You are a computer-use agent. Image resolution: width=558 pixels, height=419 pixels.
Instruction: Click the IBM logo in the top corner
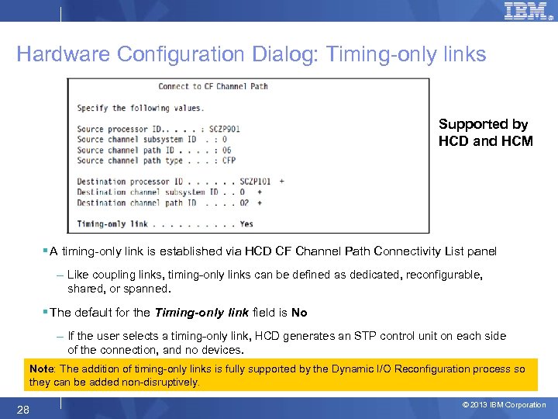pyautogui.click(x=525, y=12)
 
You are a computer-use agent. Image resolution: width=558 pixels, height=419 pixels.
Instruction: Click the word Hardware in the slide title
pyautogui.click(x=64, y=54)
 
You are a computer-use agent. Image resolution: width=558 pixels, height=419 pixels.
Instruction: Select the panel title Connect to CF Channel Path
pyautogui.click(x=213, y=86)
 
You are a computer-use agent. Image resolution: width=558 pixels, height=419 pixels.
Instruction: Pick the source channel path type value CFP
pyautogui.click(x=229, y=161)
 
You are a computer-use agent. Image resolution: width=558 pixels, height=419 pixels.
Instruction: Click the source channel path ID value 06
pyautogui.click(x=226, y=150)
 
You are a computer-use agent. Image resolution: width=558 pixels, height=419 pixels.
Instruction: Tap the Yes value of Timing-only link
pyautogui.click(x=246, y=224)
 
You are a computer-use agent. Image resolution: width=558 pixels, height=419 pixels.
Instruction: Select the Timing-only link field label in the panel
pyautogui.click(x=112, y=224)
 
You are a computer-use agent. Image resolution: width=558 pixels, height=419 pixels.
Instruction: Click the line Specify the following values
pyautogui.click(x=140, y=108)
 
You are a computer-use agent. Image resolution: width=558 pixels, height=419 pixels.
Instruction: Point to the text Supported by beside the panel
pyautogui.click(x=483, y=124)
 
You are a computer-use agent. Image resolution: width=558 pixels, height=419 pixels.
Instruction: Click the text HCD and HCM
pyautogui.click(x=485, y=141)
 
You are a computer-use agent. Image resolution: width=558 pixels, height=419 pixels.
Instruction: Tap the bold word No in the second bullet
pyautogui.click(x=299, y=313)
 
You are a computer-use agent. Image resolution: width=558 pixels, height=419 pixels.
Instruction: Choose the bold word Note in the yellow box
pyautogui.click(x=42, y=369)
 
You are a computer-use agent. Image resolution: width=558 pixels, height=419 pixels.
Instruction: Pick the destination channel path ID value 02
pyautogui.click(x=245, y=203)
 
